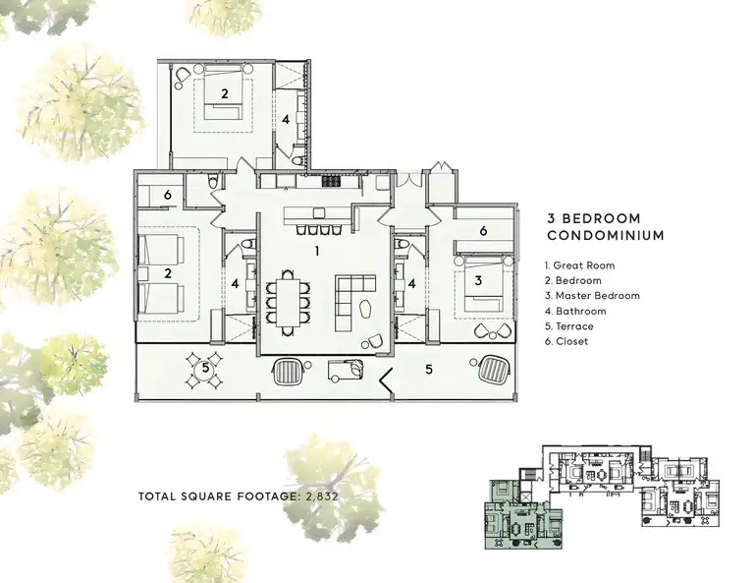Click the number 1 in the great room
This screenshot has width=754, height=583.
[316, 251]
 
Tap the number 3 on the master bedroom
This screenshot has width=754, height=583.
[477, 280]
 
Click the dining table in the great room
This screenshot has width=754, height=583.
[288, 302]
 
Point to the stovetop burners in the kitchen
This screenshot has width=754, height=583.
[331, 181]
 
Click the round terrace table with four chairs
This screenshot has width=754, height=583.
[205, 370]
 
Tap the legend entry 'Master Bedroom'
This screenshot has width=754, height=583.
[592, 296]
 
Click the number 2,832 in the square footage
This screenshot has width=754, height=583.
[322, 496]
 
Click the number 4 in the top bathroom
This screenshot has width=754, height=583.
[286, 119]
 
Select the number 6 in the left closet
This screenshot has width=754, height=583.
[167, 195]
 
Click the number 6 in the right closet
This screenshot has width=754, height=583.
[483, 231]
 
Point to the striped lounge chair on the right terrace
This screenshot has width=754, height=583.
[495, 370]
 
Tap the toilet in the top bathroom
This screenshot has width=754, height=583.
[296, 160]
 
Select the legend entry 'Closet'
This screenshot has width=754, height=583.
[566, 342]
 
